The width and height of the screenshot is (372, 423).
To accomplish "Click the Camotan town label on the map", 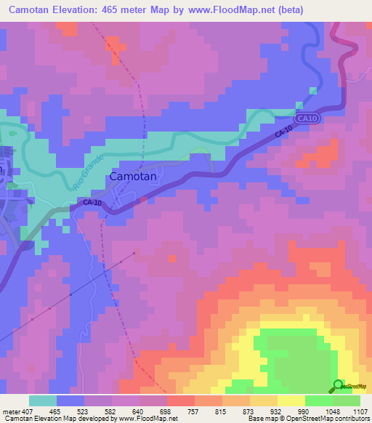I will click(x=134, y=176).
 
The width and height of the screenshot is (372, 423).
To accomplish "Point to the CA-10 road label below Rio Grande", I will click(x=91, y=203).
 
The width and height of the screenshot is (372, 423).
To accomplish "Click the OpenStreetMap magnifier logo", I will click(x=339, y=386).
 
